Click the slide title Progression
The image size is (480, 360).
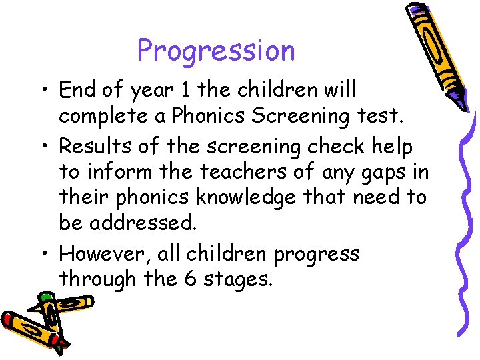(215, 51)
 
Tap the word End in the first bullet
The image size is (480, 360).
(77, 89)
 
